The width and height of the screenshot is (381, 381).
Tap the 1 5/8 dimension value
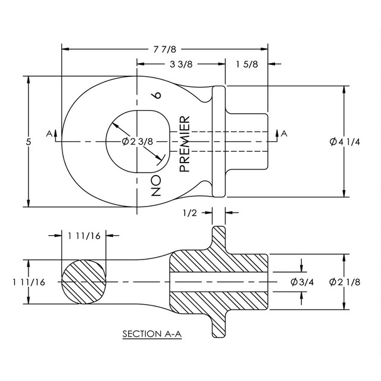pos(246,64)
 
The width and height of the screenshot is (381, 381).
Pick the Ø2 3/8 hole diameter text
pos(138,142)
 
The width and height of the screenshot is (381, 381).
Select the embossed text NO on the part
pos(156,186)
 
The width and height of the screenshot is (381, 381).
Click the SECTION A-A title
pos(151,334)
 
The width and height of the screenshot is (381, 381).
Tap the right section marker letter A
pos(284,133)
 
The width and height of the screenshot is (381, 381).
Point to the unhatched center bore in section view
pos(220,282)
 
